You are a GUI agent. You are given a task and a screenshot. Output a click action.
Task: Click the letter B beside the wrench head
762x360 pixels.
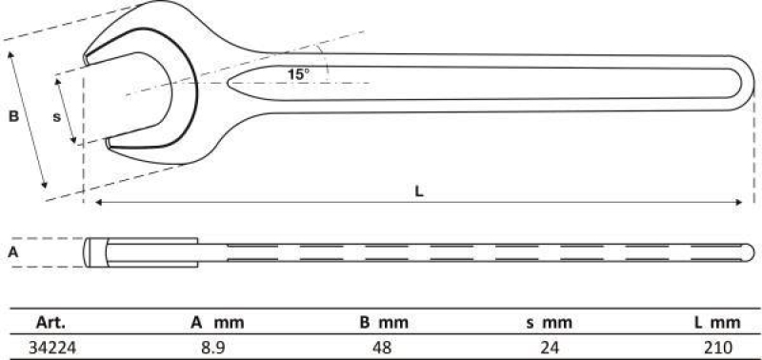pos(13,117)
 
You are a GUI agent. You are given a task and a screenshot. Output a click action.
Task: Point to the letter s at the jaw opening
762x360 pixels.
pos(56,116)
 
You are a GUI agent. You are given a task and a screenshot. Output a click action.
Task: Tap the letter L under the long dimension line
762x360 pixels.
pos(419,190)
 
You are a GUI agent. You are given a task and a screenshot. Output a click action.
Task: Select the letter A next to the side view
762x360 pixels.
pos(12,252)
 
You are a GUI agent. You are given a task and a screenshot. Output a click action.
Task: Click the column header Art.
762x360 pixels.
pos(49,322)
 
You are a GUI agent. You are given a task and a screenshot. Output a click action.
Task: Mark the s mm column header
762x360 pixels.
pos(551,322)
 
